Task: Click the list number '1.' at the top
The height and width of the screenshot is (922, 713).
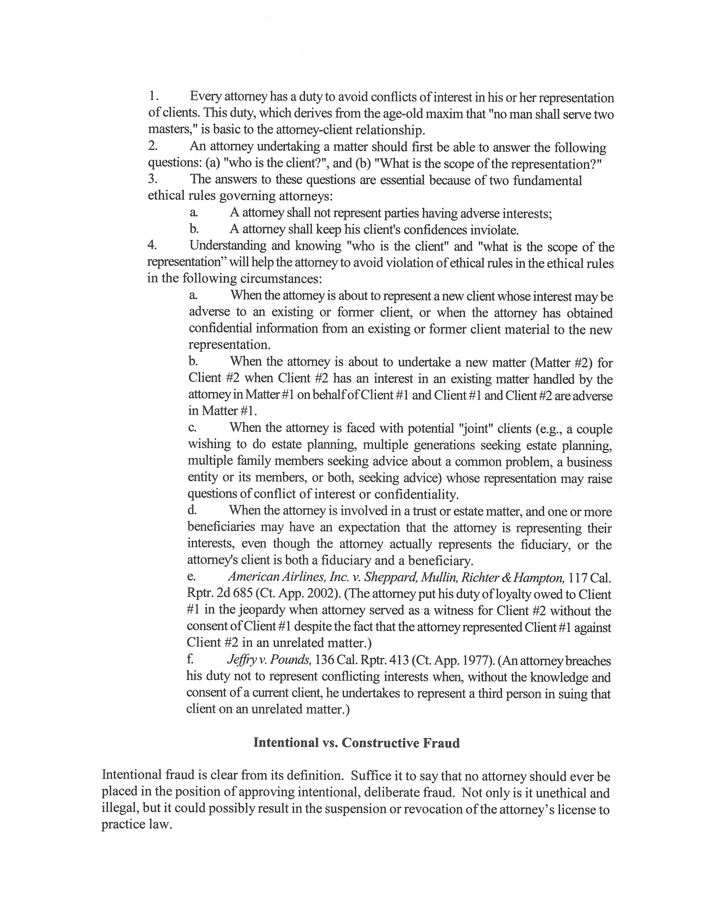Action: point(153,96)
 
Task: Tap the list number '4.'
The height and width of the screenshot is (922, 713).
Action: point(152,245)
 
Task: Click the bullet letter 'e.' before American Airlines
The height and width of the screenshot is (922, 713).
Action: point(191,577)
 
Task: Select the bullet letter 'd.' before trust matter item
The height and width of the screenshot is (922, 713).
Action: point(192,510)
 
